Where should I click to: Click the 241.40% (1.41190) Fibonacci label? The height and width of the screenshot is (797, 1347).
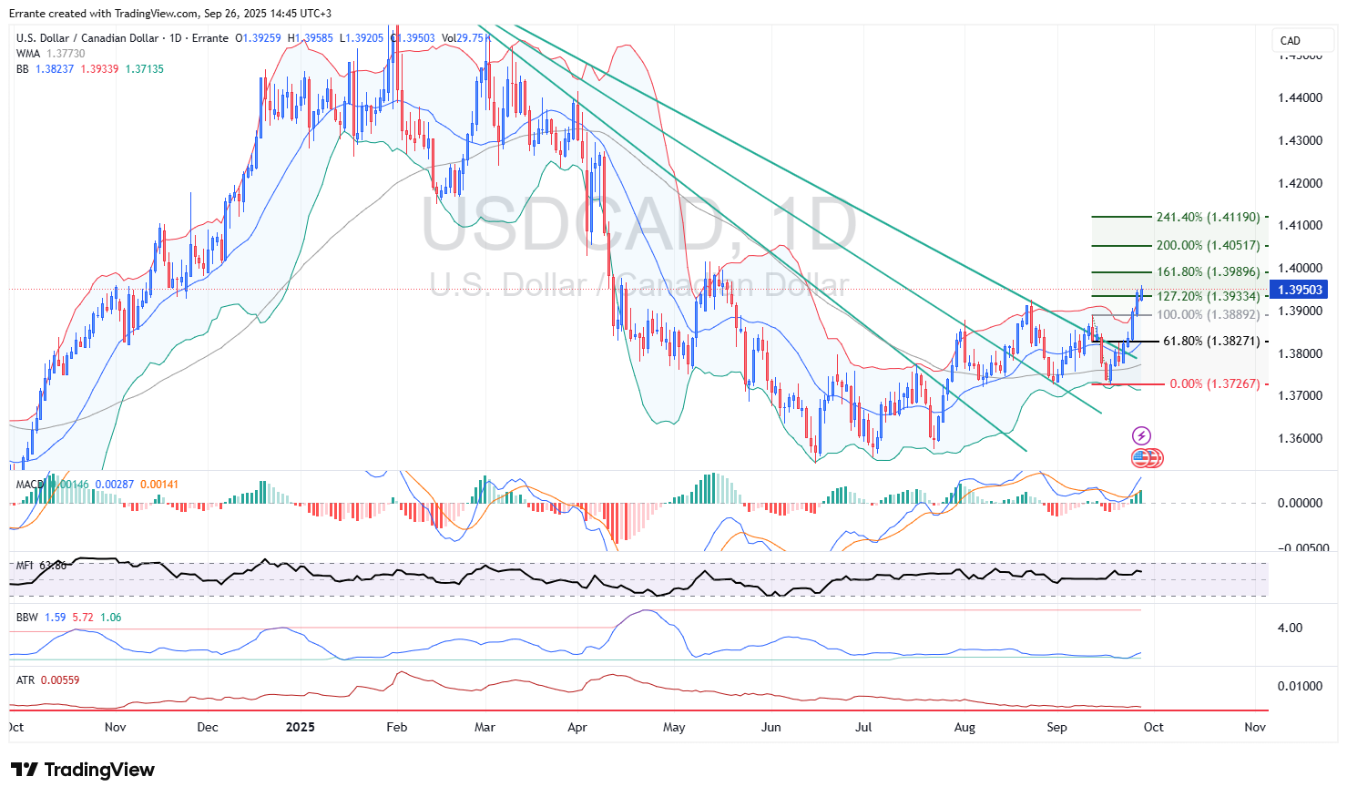[x=1208, y=218]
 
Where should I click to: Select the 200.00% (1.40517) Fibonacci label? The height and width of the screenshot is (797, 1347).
[x=1208, y=246]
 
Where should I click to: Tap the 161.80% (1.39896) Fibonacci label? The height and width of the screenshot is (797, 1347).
[x=1208, y=272]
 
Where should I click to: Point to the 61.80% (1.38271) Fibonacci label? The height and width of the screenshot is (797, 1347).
[x=1211, y=342]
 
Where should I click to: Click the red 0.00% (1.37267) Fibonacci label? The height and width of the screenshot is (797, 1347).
[x=1214, y=384]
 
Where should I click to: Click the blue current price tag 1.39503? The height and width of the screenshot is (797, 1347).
[x=1301, y=290]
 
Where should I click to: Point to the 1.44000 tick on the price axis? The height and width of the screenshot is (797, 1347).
[x=1300, y=98]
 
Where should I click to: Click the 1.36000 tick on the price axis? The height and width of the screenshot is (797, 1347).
[x=1300, y=438]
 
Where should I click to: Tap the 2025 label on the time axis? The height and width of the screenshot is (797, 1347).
[x=300, y=727]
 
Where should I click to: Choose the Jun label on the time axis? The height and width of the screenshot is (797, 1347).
[x=771, y=727]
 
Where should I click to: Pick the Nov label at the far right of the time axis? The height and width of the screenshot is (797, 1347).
[x=1255, y=727]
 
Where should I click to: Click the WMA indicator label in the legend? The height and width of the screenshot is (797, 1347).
[x=28, y=54]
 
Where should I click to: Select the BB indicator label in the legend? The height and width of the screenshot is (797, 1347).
[x=23, y=69]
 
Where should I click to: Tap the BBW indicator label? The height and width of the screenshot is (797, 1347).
[x=27, y=618]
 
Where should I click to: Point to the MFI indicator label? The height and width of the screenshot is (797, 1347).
[x=26, y=566]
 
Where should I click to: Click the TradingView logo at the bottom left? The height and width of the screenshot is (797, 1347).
[x=83, y=770]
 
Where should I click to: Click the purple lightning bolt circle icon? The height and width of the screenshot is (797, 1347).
[x=1141, y=436]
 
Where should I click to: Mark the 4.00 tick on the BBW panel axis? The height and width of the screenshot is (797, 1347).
[x=1290, y=628]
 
